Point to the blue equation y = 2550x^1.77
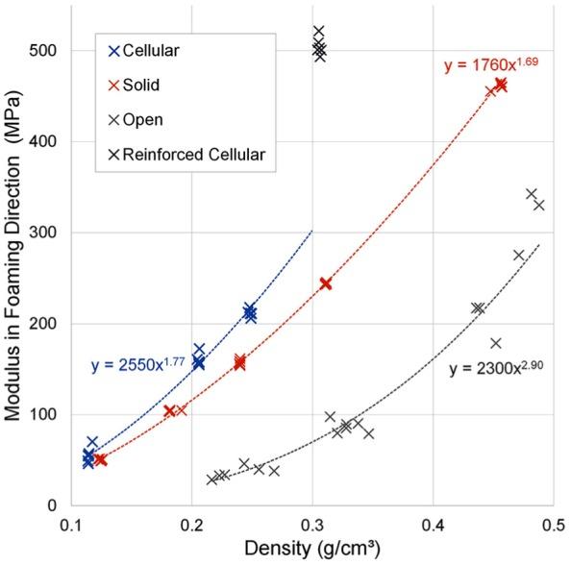click(137, 364)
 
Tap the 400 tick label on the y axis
click(46, 141)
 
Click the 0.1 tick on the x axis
click(71, 528)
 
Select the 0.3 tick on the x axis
click(312, 528)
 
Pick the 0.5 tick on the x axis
click(553, 528)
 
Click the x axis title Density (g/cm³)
click(311, 552)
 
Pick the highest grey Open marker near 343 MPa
click(532, 194)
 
